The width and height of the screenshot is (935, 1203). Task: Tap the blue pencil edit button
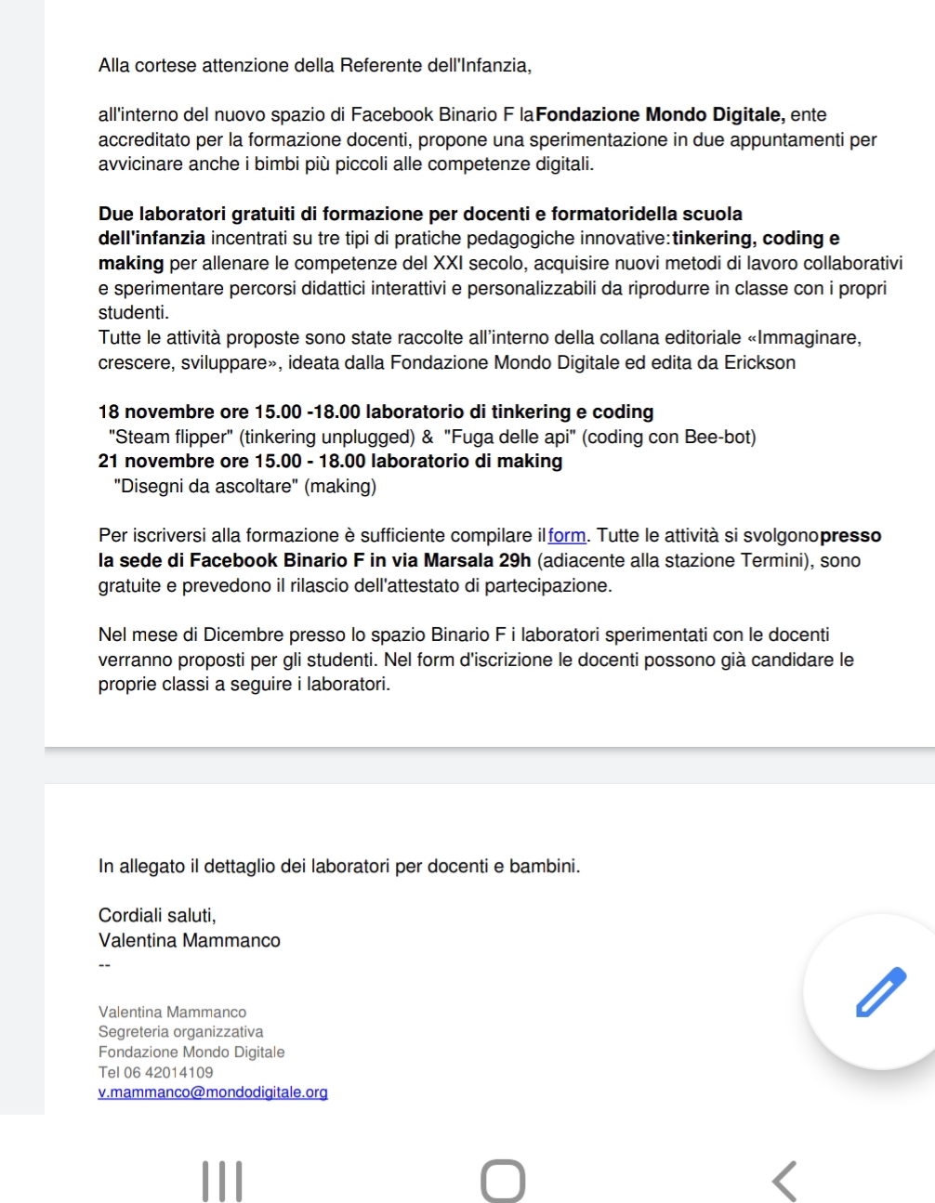(879, 991)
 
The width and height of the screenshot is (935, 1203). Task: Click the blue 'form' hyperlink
(567, 536)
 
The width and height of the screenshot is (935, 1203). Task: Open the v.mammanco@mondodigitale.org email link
(213, 1092)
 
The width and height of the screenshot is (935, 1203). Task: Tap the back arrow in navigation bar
(784, 1181)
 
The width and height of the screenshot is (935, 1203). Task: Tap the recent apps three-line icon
(222, 1181)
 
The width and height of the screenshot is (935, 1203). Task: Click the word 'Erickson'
(759, 362)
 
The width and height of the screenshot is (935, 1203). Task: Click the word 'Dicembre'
(243, 635)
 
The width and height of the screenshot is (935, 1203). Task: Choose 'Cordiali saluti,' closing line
(157, 916)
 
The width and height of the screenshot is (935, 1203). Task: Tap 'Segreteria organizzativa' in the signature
(180, 1032)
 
